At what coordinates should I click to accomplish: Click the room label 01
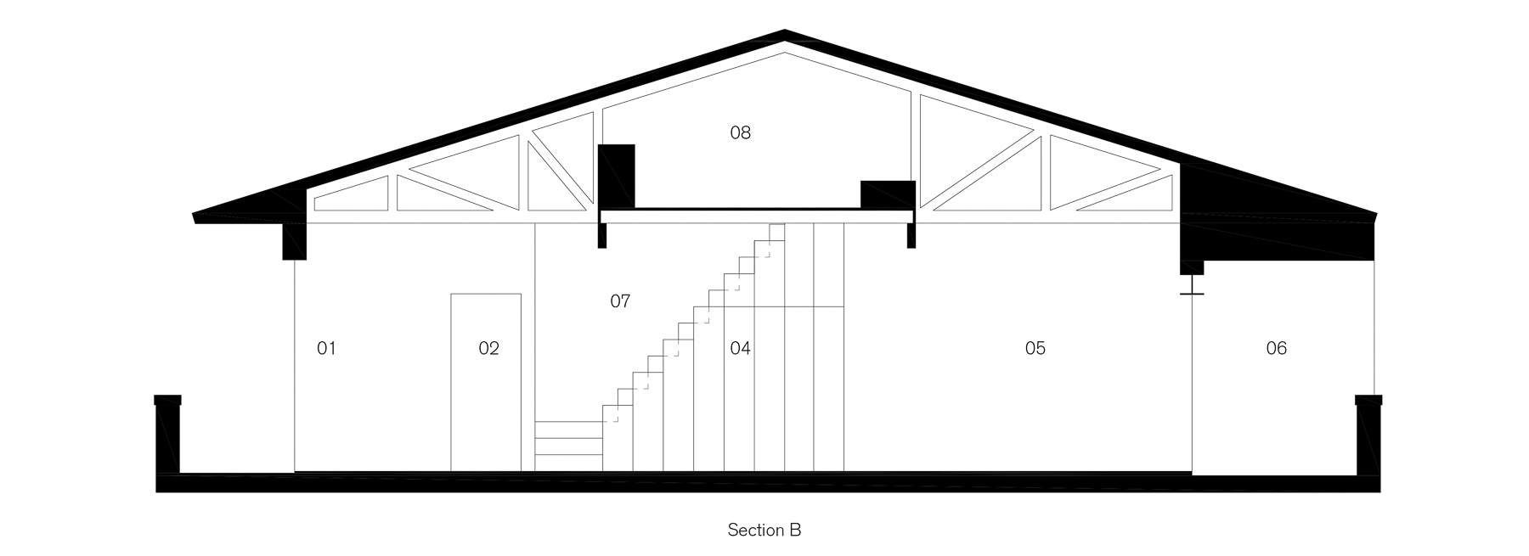pyautogui.click(x=326, y=348)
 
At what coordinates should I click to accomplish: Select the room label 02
pyautogui.click(x=488, y=348)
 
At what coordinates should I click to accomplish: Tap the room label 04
pyautogui.click(x=740, y=348)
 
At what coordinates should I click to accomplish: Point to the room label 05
pyautogui.click(x=1035, y=348)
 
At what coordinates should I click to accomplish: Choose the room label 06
pyautogui.click(x=1276, y=348)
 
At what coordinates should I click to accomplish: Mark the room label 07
pyautogui.click(x=620, y=301)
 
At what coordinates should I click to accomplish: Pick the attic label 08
pyautogui.click(x=740, y=132)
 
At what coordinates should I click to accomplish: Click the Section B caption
pyautogui.click(x=764, y=531)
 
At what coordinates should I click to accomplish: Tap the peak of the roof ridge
pyautogui.click(x=784, y=34)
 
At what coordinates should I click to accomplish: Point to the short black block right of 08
pyautogui.click(x=888, y=194)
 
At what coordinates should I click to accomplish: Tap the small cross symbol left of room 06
pyautogui.click(x=1192, y=294)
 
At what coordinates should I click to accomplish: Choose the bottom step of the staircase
pyautogui.click(x=568, y=462)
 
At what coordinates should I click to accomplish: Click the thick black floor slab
pyautogui.click(x=764, y=483)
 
